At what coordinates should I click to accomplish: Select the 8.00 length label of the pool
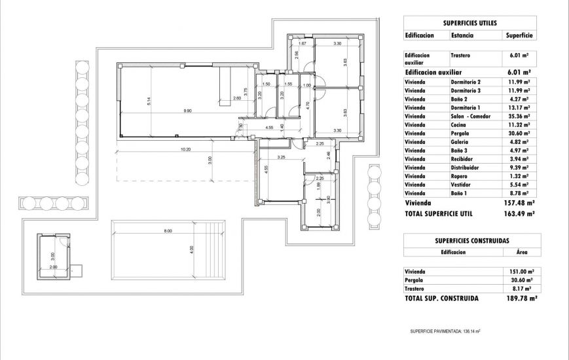coord(168,230)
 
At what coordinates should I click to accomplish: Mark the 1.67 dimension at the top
coord(303,43)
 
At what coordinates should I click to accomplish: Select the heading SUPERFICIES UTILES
coord(469,22)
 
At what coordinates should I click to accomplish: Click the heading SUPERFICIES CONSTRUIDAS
coord(469,240)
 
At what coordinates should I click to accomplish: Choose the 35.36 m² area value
coord(519,116)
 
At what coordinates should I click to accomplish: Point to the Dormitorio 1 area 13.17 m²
coord(519,107)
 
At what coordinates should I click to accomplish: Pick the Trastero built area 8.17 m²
coord(520,288)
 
